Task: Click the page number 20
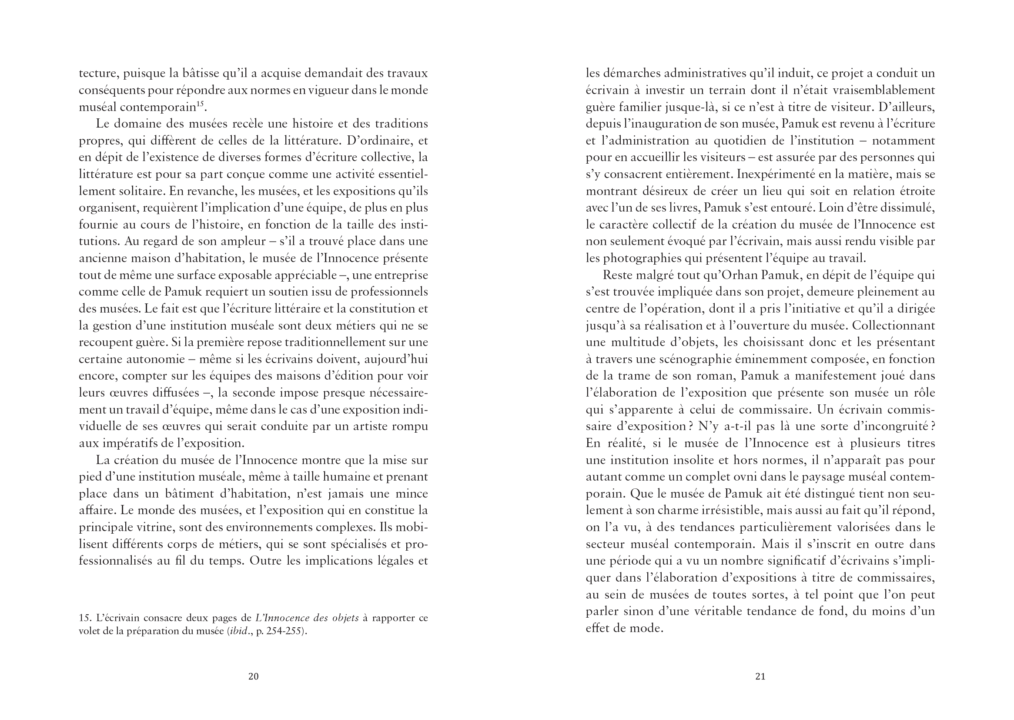coord(253,676)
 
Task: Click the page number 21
coord(760,676)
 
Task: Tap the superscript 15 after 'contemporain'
coord(200,104)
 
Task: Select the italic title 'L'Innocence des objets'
coord(307,618)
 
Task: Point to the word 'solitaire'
coord(136,191)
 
